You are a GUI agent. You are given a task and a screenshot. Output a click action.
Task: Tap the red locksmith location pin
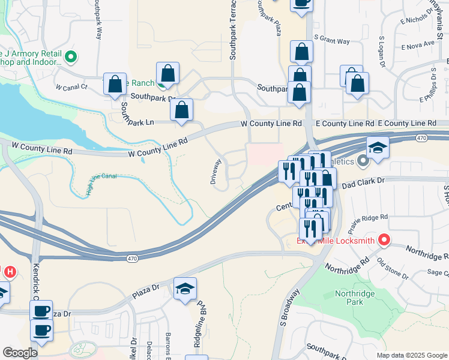point(384,241)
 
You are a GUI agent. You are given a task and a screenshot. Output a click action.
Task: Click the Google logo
point(20,353)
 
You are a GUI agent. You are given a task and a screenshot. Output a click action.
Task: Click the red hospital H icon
point(10,272)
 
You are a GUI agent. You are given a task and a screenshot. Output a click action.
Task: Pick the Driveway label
point(216,171)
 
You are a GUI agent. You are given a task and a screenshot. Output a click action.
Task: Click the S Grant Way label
point(331,41)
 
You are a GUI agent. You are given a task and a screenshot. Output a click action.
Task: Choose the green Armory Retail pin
point(71,58)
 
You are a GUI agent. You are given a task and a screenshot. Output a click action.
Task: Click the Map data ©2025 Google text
point(411,355)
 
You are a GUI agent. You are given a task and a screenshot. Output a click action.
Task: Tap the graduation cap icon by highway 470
point(378,148)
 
